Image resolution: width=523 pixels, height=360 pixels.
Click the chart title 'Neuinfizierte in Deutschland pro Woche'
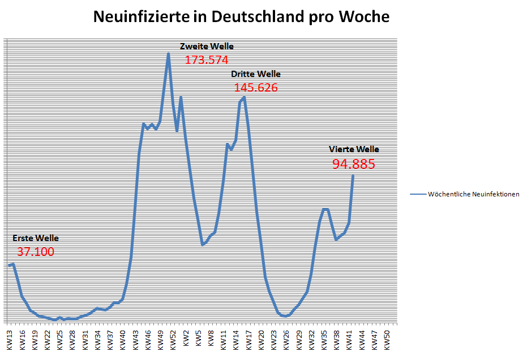(x=241, y=17)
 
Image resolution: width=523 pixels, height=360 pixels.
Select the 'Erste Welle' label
(x=35, y=238)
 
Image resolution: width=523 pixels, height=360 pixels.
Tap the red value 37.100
(x=36, y=252)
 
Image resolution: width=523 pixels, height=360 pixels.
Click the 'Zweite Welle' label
(x=207, y=46)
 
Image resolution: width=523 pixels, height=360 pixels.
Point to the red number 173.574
(x=207, y=60)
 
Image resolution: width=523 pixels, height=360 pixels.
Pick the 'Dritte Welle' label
(x=255, y=74)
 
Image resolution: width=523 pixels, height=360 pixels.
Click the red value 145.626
(x=256, y=88)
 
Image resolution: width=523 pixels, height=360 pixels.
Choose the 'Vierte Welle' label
(x=354, y=149)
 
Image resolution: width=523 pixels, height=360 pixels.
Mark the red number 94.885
(x=354, y=165)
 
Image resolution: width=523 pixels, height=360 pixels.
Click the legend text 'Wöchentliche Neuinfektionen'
(x=473, y=194)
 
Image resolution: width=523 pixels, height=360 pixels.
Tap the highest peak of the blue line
(x=168, y=54)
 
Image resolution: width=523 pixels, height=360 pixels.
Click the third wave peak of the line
(x=244, y=97)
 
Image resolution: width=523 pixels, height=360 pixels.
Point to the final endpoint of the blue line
(x=353, y=176)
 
